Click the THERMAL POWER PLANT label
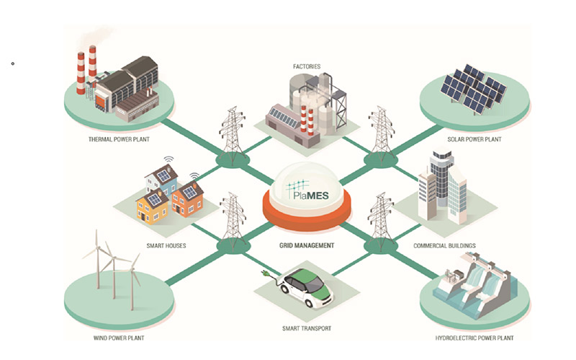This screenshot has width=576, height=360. pyautogui.click(x=119, y=139)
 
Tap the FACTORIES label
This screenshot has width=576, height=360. pyautogui.click(x=307, y=66)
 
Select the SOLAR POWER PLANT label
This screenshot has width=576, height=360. pyautogui.click(x=474, y=139)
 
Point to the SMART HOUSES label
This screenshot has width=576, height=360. pyautogui.click(x=166, y=245)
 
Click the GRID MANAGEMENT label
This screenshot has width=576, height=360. pyautogui.click(x=307, y=245)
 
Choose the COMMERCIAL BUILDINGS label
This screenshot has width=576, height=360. pyautogui.click(x=444, y=245)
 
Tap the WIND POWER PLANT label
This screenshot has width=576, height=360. pyautogui.click(x=119, y=338)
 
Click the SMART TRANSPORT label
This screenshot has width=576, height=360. pyautogui.click(x=307, y=328)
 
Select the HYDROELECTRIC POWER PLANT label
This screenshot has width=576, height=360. pyautogui.click(x=474, y=338)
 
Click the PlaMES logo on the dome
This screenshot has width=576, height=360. pyautogui.click(x=307, y=190)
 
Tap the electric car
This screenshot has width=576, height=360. pyautogui.click(x=306, y=287)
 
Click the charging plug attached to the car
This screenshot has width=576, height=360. pyautogui.click(x=264, y=274)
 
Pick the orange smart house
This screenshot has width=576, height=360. pyautogui.click(x=188, y=199)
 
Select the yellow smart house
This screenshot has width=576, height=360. pyautogui.click(x=152, y=206)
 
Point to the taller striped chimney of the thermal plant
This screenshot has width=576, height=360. pyautogui.click(x=93, y=68)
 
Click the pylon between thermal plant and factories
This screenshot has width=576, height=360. pyautogui.click(x=233, y=132)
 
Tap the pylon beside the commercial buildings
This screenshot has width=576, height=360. pyautogui.click(x=382, y=219)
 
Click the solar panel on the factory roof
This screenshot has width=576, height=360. pyautogui.click(x=284, y=117)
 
